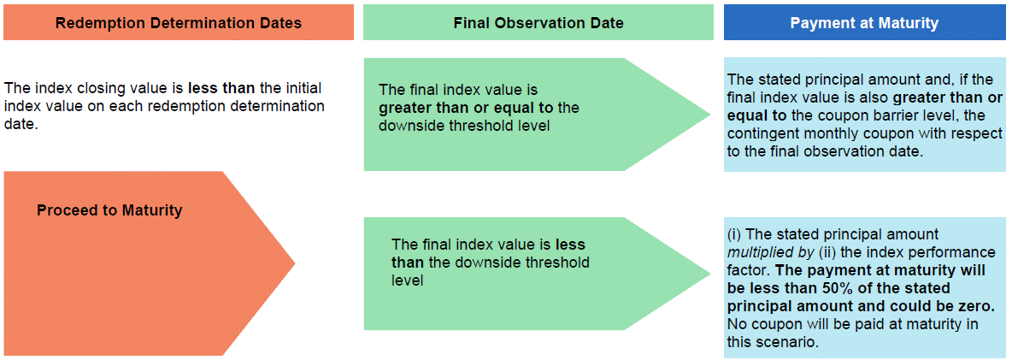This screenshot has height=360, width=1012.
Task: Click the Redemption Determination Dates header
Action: point(178,23)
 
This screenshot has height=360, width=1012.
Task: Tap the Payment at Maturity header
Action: point(864,23)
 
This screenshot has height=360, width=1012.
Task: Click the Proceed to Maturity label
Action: point(109,210)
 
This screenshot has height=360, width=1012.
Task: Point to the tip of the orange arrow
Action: point(295,263)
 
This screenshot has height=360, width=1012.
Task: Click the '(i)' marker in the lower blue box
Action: point(734,234)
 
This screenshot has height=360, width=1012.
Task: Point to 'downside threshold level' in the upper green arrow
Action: point(463,126)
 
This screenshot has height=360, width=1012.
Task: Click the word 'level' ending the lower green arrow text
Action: point(407,280)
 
